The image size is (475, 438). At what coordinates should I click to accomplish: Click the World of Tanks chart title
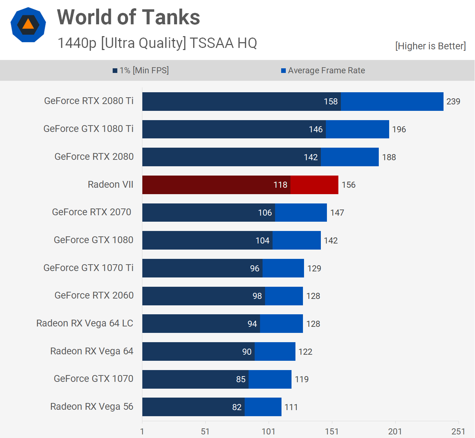[x=128, y=17]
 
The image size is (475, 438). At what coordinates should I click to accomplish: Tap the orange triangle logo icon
[x=28, y=24]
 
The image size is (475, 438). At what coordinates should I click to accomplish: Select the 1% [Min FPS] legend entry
[x=141, y=70]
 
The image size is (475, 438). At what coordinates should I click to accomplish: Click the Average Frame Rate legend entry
[x=323, y=70]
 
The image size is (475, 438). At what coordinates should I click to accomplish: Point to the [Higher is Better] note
[x=430, y=46]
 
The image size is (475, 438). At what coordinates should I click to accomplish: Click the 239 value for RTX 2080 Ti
[x=453, y=102]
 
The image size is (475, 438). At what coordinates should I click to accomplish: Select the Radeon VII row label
[x=111, y=184]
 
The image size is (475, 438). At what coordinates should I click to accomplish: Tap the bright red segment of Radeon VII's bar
[x=314, y=185]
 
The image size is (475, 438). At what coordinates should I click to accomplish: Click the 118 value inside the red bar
[x=280, y=185]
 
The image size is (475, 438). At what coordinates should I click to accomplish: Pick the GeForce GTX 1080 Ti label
[x=88, y=129]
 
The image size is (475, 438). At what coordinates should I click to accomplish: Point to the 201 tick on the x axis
[x=395, y=432]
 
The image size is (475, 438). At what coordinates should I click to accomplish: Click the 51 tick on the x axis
[x=205, y=432]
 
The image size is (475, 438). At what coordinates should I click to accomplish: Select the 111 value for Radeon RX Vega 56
[x=291, y=407]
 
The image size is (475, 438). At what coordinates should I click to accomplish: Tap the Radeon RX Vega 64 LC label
[x=85, y=323]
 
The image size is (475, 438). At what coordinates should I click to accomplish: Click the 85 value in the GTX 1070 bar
[x=241, y=379]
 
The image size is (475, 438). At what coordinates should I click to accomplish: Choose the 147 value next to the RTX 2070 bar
[x=337, y=213]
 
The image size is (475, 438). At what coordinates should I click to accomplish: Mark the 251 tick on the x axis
[x=458, y=432]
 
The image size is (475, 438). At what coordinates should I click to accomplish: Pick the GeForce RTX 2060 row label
[x=94, y=295]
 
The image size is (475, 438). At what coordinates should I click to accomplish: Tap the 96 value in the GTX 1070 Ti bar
[x=255, y=269]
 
